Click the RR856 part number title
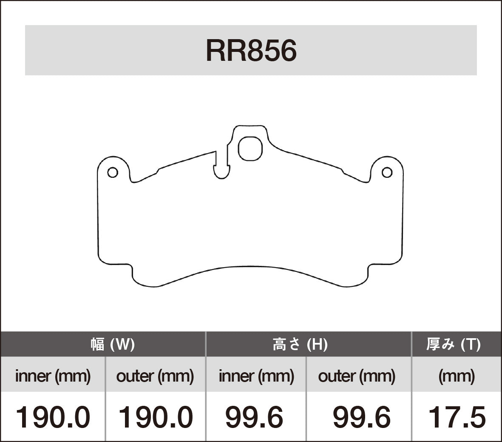tap(251, 51)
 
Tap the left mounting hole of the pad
tap(112, 173)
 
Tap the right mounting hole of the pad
tap(387, 172)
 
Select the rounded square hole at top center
tap(250, 148)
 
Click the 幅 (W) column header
tap(113, 344)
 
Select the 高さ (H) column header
tap(300, 344)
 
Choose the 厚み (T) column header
tap(454, 344)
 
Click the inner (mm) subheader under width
tap(53, 376)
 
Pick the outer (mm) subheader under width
tap(155, 376)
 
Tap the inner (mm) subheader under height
tap(256, 376)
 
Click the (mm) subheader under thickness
tap(457, 376)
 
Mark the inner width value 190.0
tap(53, 417)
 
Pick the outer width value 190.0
tap(155, 417)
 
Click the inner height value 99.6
tap(254, 417)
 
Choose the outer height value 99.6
tap(361, 417)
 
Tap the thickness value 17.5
tap(457, 417)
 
